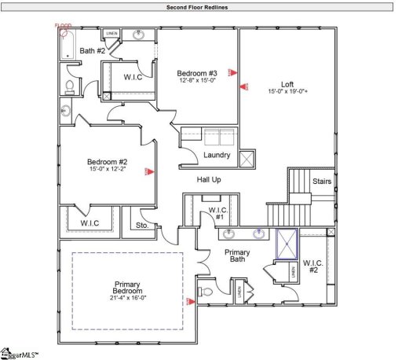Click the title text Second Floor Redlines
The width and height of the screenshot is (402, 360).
[x=201, y=6]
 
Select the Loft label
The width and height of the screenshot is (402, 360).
[x=287, y=83]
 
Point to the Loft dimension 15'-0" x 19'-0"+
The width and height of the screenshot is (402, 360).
[x=288, y=91]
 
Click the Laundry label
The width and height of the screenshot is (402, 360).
[x=217, y=155]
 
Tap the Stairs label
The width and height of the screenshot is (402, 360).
[x=322, y=182]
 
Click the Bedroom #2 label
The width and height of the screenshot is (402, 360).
[x=107, y=163]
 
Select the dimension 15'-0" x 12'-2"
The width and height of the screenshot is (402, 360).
[x=107, y=171]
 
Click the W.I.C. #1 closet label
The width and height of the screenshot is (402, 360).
[x=217, y=214]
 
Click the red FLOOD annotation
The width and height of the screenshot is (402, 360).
[x=63, y=26]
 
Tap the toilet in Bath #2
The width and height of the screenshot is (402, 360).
[x=69, y=86]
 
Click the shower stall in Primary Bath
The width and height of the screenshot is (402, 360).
[x=287, y=243]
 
